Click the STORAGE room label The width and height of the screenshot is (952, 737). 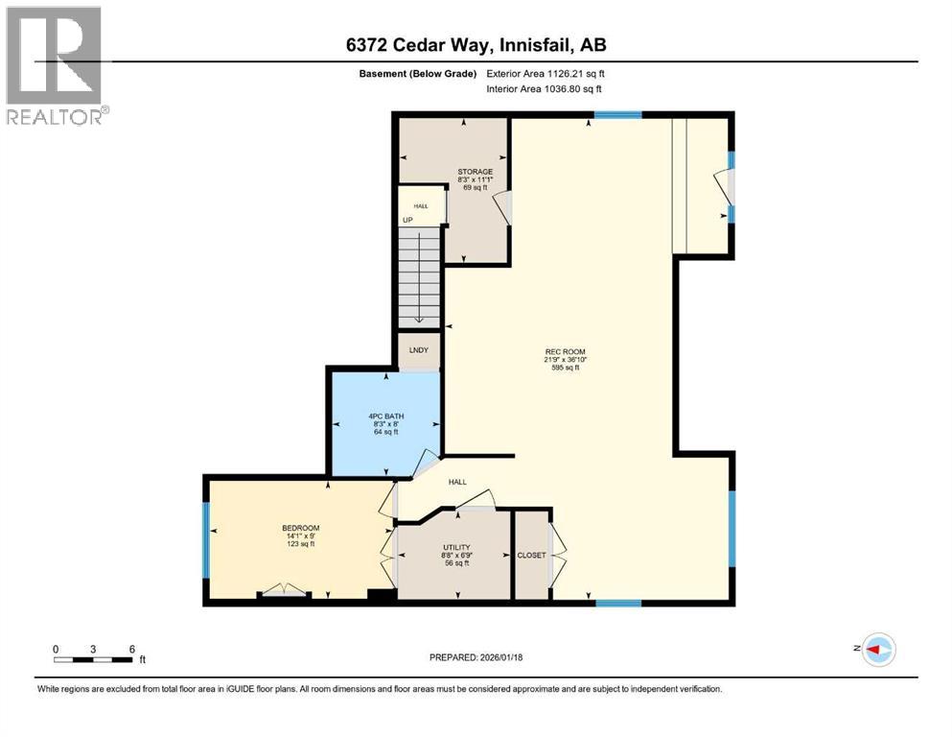click(475, 172)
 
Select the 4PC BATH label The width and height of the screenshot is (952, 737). click(384, 416)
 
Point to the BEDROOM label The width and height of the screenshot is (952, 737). click(300, 529)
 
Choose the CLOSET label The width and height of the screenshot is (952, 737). click(531, 555)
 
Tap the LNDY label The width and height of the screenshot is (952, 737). click(419, 351)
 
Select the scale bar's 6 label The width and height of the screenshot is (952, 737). click(130, 648)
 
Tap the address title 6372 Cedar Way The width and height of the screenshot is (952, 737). click(476, 45)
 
